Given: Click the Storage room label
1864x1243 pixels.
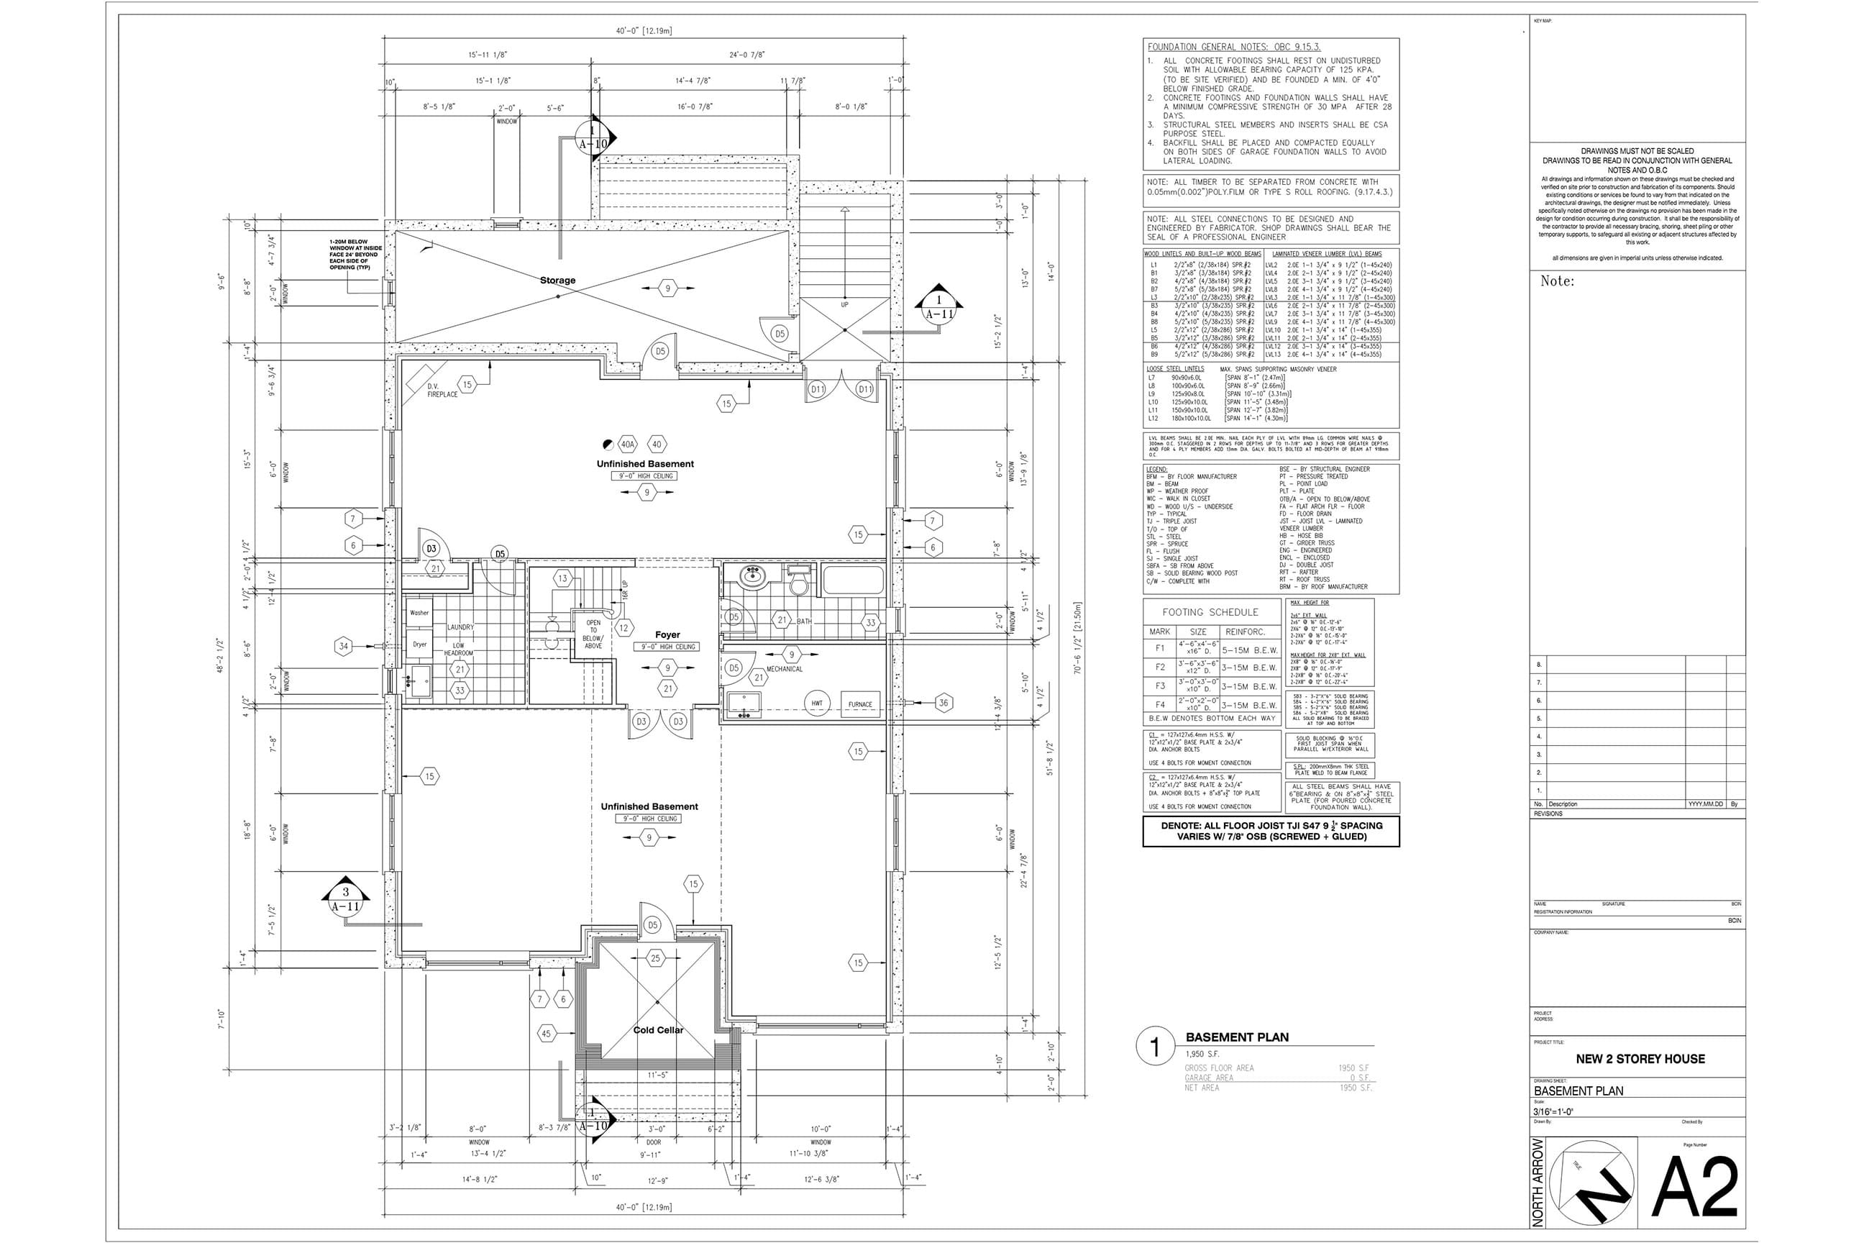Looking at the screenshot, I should [x=557, y=281].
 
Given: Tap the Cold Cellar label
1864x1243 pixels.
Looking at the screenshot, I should [x=658, y=1030].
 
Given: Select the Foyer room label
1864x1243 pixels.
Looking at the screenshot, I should [x=667, y=635].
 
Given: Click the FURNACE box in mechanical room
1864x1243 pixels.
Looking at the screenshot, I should [x=860, y=704].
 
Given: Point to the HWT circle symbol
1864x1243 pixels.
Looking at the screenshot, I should [x=816, y=704].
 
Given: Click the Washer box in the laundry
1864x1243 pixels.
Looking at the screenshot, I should [x=419, y=613].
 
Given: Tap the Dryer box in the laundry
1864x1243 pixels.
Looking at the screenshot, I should [x=419, y=645].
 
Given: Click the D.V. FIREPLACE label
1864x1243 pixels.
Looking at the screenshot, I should [x=442, y=390].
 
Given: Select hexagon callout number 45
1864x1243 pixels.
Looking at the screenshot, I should [x=546, y=1034].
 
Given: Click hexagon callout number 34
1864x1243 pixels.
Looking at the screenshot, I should [x=343, y=646].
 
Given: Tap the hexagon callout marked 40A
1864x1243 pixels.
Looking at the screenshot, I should [x=628, y=444].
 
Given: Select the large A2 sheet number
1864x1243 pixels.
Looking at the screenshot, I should [x=1694, y=1187].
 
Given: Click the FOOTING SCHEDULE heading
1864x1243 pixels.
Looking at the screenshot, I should [x=1210, y=612].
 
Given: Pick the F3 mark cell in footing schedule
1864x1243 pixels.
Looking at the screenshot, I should [x=1159, y=686].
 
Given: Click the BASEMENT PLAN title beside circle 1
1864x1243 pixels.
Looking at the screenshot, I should [x=1236, y=1037].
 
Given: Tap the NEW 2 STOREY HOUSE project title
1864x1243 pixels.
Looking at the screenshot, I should [x=1640, y=1058].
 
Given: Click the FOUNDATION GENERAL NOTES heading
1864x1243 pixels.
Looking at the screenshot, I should [x=1233, y=47].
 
